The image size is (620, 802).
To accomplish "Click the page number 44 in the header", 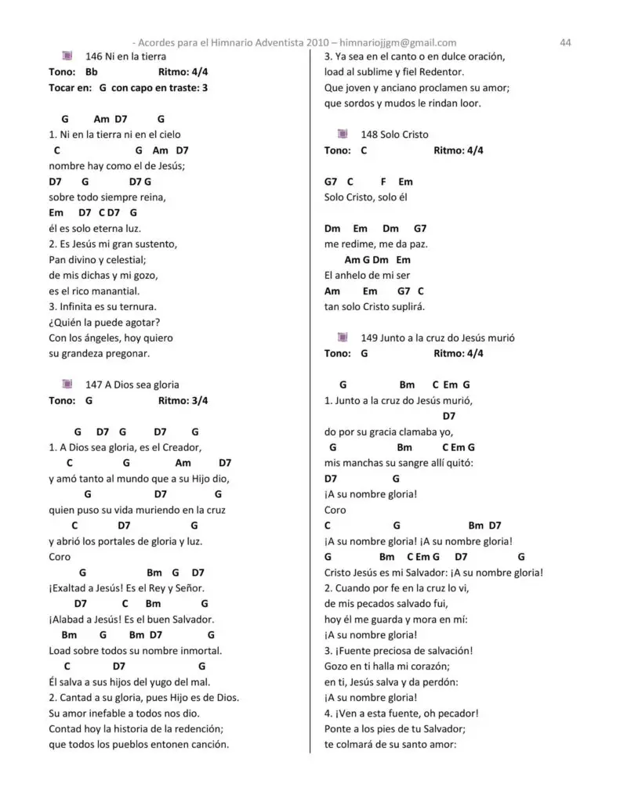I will point(564,42).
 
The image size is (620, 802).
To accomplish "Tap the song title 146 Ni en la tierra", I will point(125,56).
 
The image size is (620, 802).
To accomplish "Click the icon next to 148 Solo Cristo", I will point(343,135).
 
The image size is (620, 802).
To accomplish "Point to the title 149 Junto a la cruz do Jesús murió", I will point(437,338).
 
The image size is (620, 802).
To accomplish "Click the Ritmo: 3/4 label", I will point(183,400).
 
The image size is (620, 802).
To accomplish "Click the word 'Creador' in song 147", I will point(183,447).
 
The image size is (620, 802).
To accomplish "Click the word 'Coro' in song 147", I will point(60,557).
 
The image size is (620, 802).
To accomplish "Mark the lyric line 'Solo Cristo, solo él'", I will point(365,197).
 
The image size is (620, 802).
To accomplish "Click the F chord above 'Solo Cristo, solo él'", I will point(384,182).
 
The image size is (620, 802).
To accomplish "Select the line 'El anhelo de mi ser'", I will point(367,276).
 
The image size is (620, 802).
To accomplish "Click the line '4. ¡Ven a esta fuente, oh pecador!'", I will point(401,713).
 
